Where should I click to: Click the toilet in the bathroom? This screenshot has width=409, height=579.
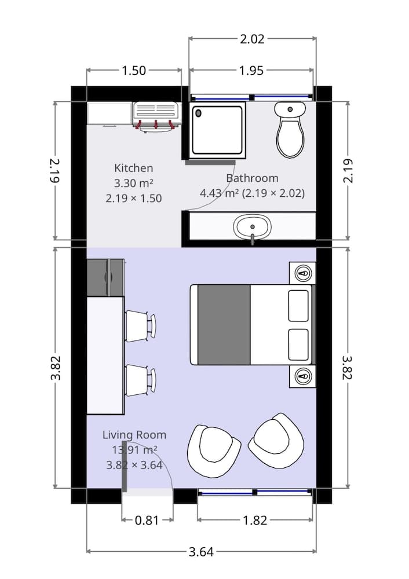point(290,130)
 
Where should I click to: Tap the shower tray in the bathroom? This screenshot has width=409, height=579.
point(217,130)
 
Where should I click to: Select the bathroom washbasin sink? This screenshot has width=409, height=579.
point(253,226)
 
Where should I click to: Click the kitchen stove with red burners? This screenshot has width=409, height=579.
point(155,116)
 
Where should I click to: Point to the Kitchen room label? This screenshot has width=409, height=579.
point(134,168)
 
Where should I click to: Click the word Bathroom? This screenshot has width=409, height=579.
point(252,178)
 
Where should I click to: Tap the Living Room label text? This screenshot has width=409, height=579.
point(134,435)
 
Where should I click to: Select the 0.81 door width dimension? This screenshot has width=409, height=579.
point(147,520)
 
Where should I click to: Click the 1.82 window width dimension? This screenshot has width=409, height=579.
point(255,520)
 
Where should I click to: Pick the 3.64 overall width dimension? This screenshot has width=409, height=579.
point(201,551)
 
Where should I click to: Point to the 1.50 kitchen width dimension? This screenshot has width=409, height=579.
point(133,71)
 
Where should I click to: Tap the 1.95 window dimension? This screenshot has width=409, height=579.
point(251,71)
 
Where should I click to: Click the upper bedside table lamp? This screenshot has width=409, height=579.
point(303,273)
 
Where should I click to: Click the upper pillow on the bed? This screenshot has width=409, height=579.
point(299,305)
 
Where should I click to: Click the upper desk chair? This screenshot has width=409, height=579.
point(140,325)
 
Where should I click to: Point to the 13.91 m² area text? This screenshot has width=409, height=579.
point(134,449)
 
